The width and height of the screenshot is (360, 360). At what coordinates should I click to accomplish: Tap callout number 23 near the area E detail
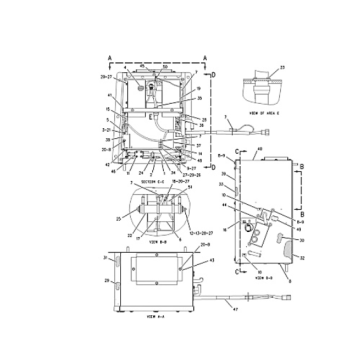[x=282, y=68]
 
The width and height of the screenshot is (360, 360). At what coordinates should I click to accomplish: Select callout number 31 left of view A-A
[x=106, y=256]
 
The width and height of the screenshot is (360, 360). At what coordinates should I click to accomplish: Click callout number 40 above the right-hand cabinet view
[x=261, y=149]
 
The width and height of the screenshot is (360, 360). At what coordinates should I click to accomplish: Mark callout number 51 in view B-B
[x=190, y=187]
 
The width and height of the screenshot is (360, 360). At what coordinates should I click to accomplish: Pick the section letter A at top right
[x=204, y=58]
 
